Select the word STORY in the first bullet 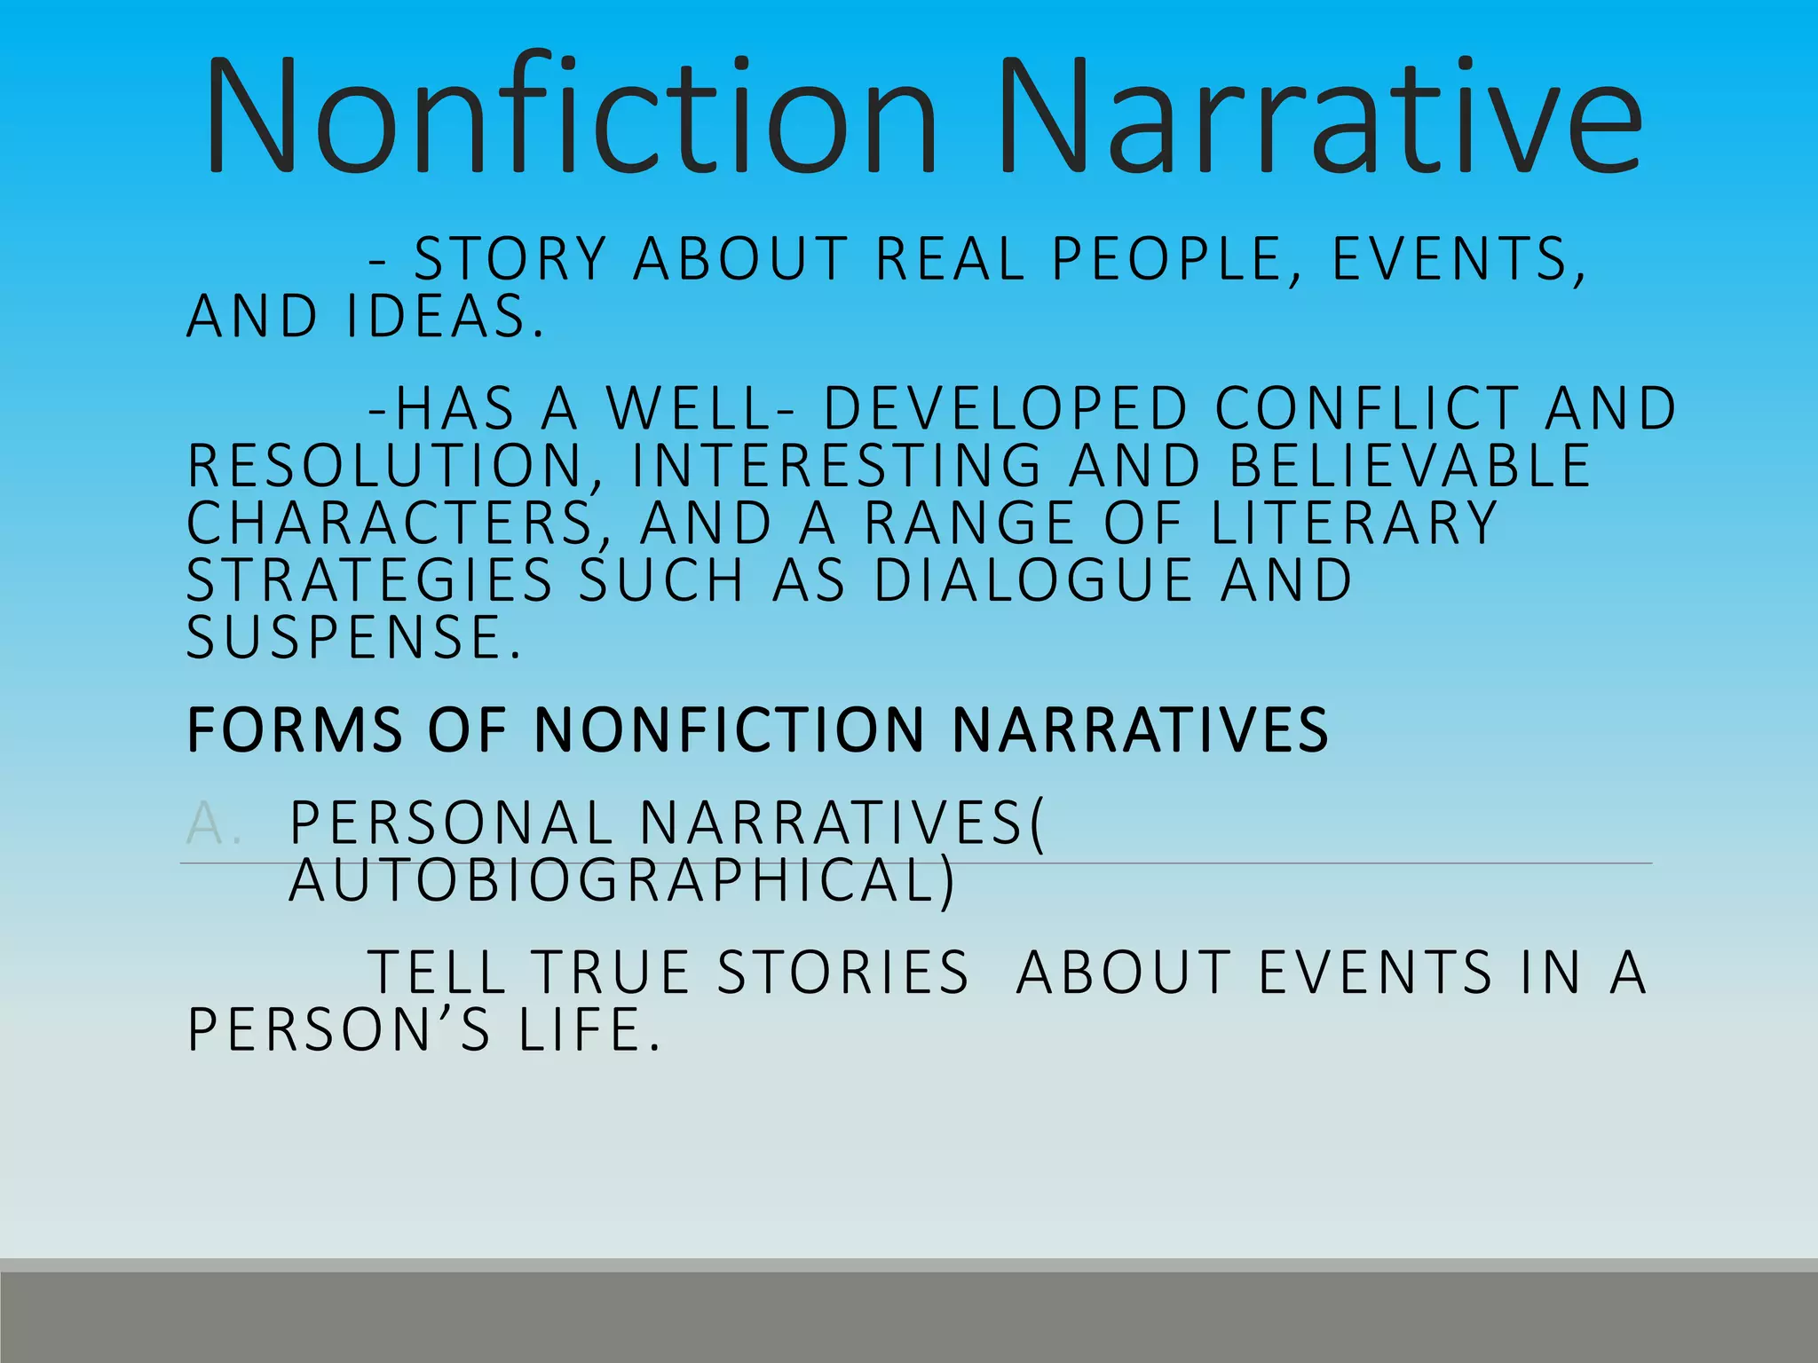[510, 259]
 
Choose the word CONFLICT [1366, 409]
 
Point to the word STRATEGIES [370, 580]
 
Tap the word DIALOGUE [1034, 580]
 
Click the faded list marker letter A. [205, 823]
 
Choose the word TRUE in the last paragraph [612, 972]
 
